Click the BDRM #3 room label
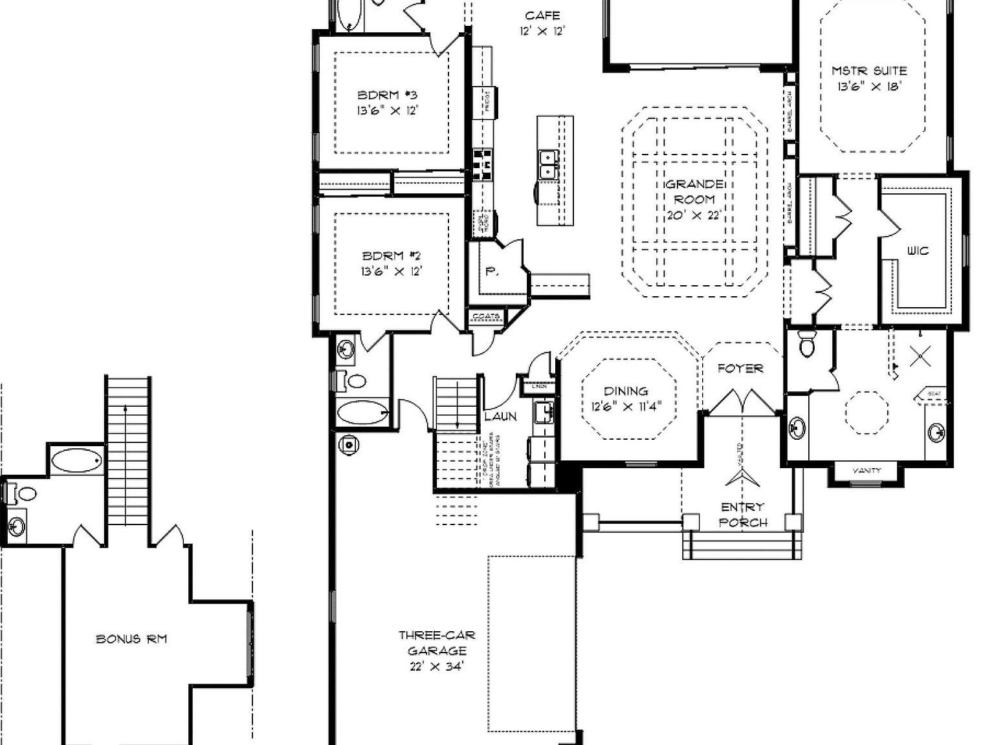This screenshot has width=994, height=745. (x=388, y=95)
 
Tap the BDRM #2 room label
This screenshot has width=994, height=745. (x=392, y=256)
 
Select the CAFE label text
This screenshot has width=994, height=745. (x=542, y=16)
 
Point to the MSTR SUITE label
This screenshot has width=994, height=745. (x=868, y=70)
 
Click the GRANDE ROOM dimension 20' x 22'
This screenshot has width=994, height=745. (x=694, y=215)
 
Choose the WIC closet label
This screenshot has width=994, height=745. (x=918, y=250)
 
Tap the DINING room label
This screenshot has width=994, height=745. (x=625, y=391)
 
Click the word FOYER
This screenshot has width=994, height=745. (x=740, y=369)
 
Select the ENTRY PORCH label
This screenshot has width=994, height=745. (x=743, y=515)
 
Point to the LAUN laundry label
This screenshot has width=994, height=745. (x=501, y=416)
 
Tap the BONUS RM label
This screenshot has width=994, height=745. (x=131, y=639)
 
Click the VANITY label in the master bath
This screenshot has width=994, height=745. (x=867, y=471)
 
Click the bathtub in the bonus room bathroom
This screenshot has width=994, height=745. (x=76, y=460)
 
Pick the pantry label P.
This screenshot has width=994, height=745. (x=492, y=272)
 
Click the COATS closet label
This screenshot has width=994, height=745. (x=487, y=317)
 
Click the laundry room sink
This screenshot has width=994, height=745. (x=544, y=411)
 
